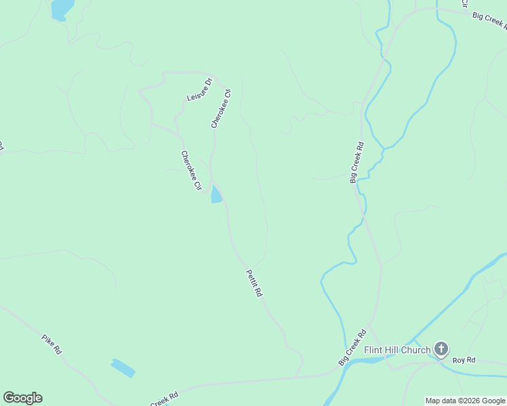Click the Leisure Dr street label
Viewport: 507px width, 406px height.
pos(199,90)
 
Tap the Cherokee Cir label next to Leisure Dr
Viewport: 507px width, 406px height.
pos(221,108)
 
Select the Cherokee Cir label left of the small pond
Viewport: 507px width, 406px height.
pos(191,170)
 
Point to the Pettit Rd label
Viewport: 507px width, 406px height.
pos(254,284)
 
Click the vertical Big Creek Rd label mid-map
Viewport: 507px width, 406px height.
pos(357,162)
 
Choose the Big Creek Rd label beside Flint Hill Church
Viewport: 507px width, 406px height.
pos(352,347)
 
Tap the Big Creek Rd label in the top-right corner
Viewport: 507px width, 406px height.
pos(489,20)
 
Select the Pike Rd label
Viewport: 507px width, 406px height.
pos(52,344)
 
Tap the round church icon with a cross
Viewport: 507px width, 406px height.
pos(441,349)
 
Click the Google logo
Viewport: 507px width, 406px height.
pos(22,398)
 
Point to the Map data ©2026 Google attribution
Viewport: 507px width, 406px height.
pos(465,401)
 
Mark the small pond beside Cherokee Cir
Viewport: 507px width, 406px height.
pos(216,195)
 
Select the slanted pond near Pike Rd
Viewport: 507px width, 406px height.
pos(123,367)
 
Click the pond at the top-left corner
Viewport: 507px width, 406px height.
pos(61,9)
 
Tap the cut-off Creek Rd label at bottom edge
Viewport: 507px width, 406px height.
pos(163,399)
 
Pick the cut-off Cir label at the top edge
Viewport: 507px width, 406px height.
pos(464,3)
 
